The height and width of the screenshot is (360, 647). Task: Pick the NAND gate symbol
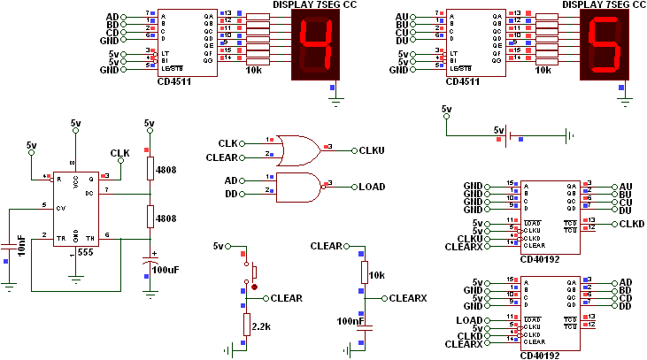tap(298, 186)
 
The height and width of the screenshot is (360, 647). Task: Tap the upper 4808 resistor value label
tap(167, 168)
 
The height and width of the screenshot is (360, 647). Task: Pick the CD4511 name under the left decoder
tap(175, 80)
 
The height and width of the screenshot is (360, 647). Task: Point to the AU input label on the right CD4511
tap(402, 17)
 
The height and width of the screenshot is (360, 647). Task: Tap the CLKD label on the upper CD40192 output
tap(632, 224)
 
